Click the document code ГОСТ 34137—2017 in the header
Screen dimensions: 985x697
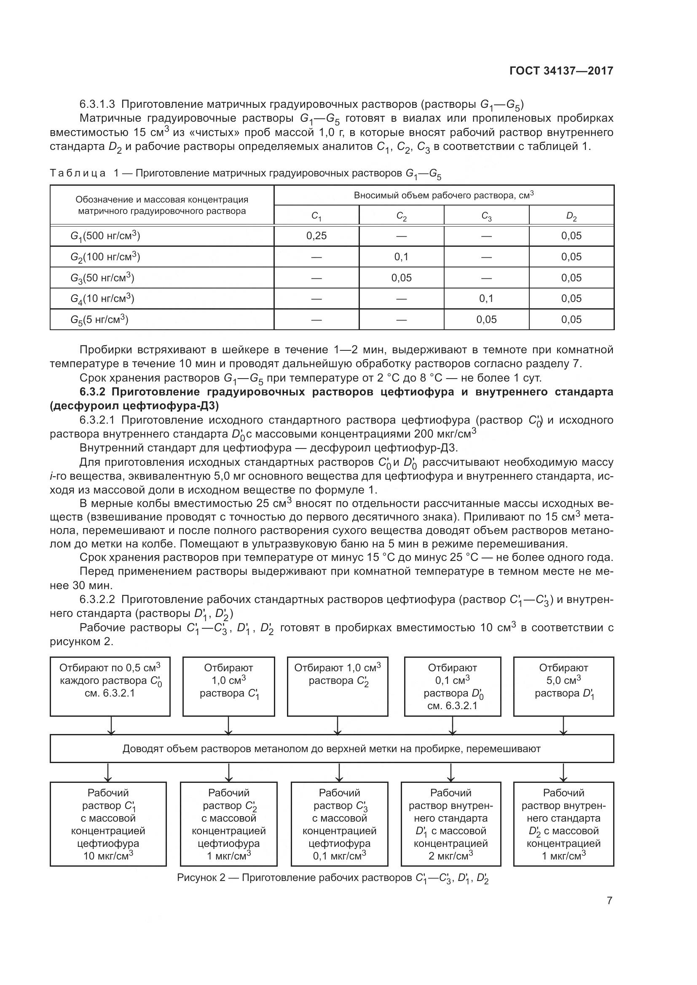(561, 71)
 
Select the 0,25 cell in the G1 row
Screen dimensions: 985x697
(316, 235)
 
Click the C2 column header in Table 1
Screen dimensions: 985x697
(401, 216)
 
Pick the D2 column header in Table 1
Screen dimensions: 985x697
(571, 216)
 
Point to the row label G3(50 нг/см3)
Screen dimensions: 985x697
(102, 278)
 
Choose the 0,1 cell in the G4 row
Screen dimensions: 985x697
(486, 299)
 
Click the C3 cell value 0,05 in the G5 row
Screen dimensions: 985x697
(486, 320)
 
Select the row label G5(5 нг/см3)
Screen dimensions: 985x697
(99, 320)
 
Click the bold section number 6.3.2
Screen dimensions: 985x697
(94, 392)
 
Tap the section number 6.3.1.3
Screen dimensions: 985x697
(97, 104)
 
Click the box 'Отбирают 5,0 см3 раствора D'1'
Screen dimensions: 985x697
(563, 686)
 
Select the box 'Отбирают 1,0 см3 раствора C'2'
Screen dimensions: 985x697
(338, 686)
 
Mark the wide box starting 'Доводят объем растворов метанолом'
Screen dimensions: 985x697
(331, 749)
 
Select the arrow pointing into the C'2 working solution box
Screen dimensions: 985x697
(229, 772)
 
